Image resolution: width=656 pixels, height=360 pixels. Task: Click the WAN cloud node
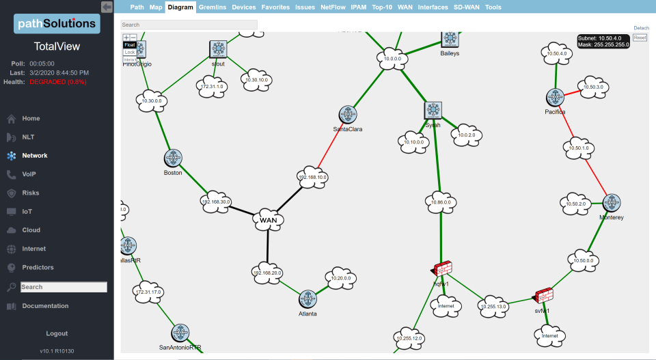[268, 219]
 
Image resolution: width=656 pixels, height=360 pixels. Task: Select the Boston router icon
[173, 158]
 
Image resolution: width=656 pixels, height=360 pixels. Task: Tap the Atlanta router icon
[308, 298]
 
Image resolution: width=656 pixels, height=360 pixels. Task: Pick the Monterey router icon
[612, 203]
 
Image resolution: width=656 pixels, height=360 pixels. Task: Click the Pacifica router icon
[555, 98]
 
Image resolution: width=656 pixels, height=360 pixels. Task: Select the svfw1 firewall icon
[544, 295]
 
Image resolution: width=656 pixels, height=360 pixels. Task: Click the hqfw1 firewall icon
[443, 268]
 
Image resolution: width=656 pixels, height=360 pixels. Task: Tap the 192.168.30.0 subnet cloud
[216, 201]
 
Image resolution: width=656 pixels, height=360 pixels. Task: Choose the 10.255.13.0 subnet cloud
[493, 307]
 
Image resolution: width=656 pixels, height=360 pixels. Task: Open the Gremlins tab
[213, 8]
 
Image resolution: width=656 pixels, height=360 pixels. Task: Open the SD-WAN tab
[467, 8]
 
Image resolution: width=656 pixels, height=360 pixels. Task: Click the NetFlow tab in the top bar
[333, 8]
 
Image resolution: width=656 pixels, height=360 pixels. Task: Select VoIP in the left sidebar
[29, 174]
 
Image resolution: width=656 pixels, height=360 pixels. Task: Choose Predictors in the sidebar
[38, 267]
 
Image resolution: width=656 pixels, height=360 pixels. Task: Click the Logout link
[57, 333]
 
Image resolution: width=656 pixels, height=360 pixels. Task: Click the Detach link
[641, 28]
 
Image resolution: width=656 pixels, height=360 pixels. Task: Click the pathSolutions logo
[57, 24]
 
